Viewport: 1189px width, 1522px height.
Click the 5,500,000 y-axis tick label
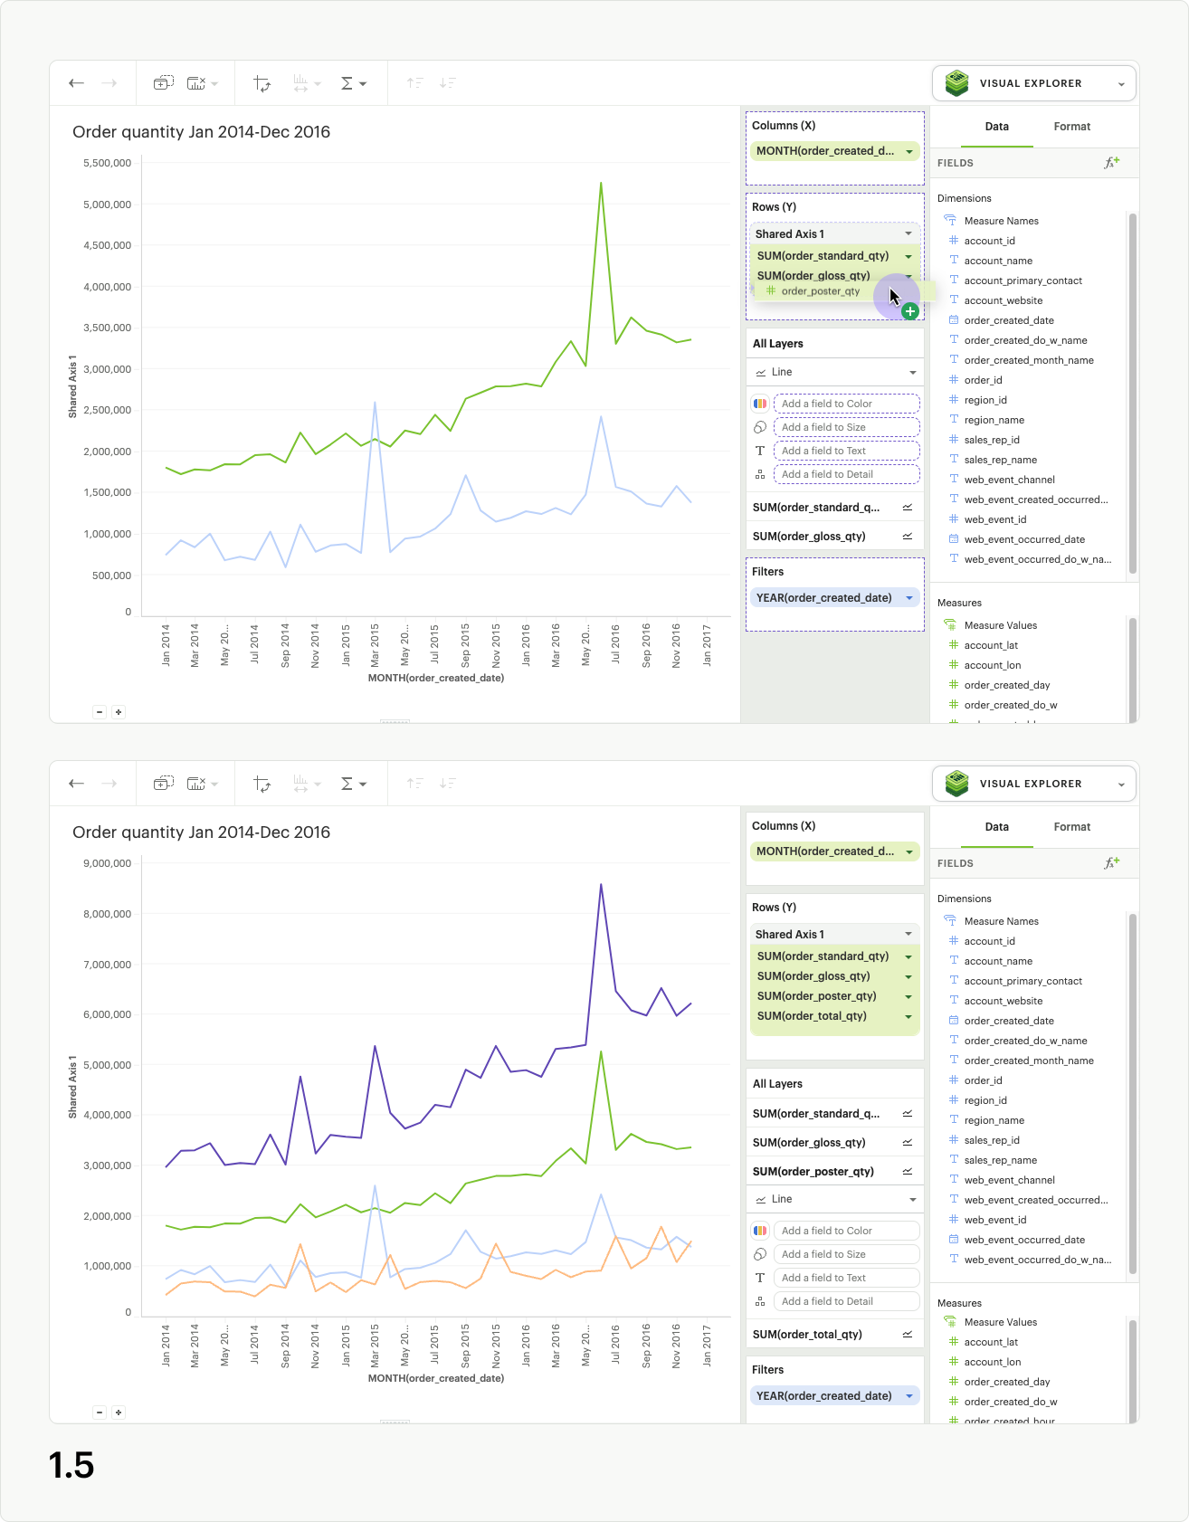107,163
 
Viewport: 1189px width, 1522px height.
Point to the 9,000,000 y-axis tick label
107,863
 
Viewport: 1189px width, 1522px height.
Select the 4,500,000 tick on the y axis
107,245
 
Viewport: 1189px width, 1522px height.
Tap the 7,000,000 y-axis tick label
107,965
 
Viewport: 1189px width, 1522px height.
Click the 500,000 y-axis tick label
111,576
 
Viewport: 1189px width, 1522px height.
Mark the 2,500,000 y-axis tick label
107,410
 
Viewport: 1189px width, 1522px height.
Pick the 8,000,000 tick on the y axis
107,914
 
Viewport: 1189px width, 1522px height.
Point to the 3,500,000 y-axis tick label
107,328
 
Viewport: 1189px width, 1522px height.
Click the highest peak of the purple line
601,885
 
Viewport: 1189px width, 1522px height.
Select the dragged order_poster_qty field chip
819,291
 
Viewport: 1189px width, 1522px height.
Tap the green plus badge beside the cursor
910,311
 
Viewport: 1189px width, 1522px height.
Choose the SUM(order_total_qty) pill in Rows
812,1016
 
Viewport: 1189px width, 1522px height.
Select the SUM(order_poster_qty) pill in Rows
816,996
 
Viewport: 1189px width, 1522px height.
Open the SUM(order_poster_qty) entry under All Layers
813,1171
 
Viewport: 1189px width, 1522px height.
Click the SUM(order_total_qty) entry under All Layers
807,1334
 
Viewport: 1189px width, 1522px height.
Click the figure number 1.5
71,1465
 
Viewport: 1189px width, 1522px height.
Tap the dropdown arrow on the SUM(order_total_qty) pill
908,1017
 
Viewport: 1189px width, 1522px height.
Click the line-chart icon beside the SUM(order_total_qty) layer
908,1334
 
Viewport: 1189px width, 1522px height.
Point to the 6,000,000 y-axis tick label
107,1014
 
